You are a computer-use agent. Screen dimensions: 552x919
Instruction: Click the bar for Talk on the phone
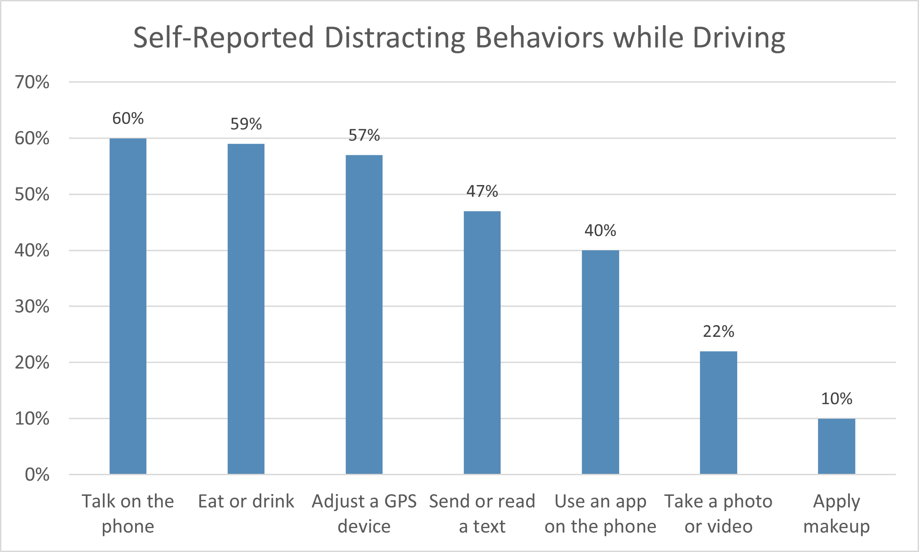128,306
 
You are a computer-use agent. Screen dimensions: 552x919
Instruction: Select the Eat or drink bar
246,309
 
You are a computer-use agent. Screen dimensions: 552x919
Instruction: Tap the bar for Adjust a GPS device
364,314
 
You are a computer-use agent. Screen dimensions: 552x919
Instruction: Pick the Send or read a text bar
482,342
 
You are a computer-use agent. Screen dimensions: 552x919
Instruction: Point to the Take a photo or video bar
718,412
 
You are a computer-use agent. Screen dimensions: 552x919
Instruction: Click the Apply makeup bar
836,446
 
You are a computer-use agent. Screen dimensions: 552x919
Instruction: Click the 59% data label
246,124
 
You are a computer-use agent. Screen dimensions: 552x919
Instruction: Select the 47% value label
482,191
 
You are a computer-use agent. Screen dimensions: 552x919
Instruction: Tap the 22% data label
718,331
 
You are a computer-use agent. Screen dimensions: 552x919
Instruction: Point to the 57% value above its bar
364,135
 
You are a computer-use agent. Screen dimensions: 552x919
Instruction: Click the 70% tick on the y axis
32,82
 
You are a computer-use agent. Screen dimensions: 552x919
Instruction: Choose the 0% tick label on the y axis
37,475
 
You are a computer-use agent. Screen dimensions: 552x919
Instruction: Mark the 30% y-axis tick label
32,306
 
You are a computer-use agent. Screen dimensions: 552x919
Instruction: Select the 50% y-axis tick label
32,194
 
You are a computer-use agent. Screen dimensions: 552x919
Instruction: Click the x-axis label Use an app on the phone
600,513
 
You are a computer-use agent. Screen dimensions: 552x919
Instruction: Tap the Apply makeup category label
836,513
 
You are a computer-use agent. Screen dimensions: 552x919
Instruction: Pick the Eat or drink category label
246,501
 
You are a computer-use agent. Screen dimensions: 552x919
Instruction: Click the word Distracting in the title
395,38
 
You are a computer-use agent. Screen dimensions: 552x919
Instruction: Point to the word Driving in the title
739,38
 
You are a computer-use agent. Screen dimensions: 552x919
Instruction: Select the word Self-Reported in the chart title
224,38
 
